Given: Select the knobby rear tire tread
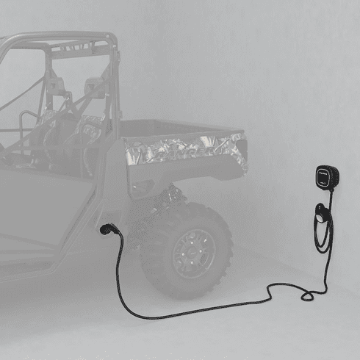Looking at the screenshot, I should point(217,228).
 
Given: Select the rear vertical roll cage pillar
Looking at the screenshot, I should point(114,81).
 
